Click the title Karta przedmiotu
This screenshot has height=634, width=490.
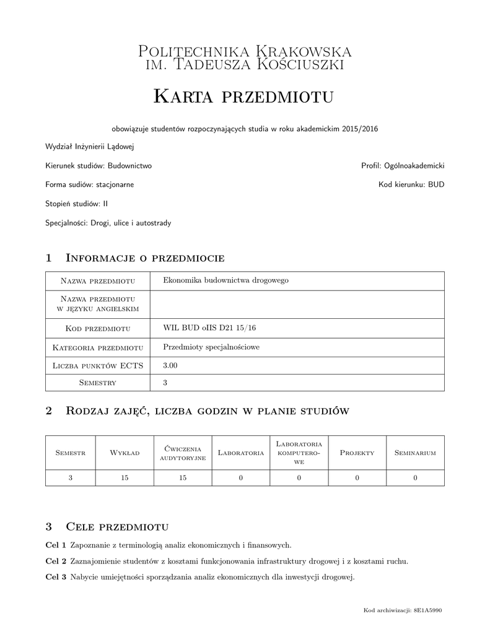pos(244,96)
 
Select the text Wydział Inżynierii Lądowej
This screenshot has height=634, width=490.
pos(90,147)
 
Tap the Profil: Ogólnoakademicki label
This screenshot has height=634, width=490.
pos(403,166)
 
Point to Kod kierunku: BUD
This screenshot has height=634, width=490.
pos(411,185)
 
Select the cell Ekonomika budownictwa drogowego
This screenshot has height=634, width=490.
pos(225,280)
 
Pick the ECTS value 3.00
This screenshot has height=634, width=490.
pos(170,366)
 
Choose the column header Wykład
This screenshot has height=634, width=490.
pos(125,453)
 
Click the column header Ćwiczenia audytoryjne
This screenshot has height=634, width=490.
pos(183,453)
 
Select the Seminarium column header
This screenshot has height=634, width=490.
pos(415,453)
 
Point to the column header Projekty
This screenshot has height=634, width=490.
pos(357,453)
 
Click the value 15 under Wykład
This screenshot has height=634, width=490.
pos(125,477)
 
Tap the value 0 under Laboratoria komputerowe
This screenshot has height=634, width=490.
pos(299,477)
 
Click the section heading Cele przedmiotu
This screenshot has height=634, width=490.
pos(117,527)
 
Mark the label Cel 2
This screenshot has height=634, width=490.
pos(56,562)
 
